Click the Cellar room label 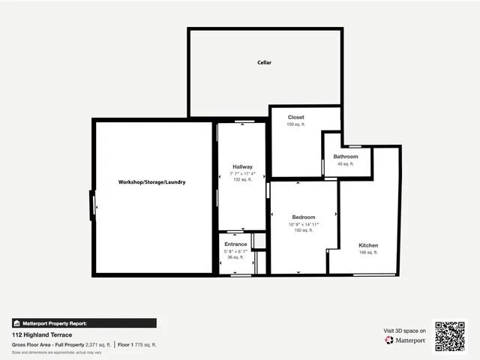click(x=264, y=62)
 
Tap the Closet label click(x=296, y=117)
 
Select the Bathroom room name click(x=346, y=156)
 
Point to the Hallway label click(x=242, y=166)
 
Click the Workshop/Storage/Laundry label click(x=151, y=182)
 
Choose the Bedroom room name click(x=304, y=217)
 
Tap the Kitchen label click(x=368, y=245)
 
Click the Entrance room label click(x=235, y=244)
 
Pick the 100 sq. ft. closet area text click(x=296, y=124)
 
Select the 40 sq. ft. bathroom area click(x=346, y=163)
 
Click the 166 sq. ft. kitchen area click(x=368, y=253)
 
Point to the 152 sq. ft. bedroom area click(x=304, y=231)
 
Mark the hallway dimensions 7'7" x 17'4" click(x=242, y=173)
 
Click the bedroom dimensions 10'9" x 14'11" click(x=304, y=224)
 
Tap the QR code click(x=450, y=337)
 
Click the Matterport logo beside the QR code click(x=406, y=340)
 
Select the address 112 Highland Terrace click(x=42, y=334)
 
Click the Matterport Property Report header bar click(x=84, y=323)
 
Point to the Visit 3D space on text click(x=405, y=330)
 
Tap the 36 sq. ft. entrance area click(x=235, y=258)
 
